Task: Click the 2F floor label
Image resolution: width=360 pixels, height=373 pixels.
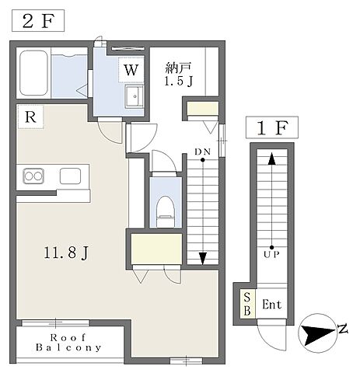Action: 38,21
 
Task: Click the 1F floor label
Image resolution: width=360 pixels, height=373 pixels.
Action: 272,127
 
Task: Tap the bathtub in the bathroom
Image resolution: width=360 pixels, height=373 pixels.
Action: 34,73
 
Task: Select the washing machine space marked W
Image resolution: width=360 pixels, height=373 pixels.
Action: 131,70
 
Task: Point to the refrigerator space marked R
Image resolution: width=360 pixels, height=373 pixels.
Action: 30,117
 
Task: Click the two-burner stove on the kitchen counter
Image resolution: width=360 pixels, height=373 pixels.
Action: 33,176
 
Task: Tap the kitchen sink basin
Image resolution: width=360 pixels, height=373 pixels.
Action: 70,176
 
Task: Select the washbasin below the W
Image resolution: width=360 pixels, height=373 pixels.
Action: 135,96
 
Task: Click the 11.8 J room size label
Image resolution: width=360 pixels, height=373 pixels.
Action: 66,253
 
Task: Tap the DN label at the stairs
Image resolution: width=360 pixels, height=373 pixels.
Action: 203,152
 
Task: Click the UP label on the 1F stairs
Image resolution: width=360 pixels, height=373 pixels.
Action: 271,255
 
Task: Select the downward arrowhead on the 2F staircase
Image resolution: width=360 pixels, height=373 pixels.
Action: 203,259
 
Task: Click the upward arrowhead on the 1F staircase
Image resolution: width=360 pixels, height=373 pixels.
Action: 271,159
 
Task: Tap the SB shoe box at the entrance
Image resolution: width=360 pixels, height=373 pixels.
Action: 247,304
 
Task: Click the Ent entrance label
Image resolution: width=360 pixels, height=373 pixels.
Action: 271,304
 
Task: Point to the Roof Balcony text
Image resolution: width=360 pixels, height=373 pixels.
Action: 68,343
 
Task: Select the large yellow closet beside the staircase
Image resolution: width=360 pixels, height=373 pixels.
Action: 156,249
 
